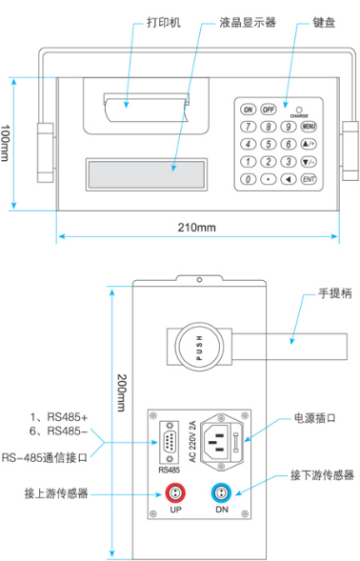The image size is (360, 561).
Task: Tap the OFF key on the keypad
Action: [269, 110]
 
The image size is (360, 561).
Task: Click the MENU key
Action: [309, 127]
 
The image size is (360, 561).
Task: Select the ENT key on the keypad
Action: [309, 179]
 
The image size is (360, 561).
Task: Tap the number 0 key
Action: [248, 179]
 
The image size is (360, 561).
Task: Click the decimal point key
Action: [269, 179]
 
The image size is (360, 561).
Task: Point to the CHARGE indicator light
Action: [299, 110]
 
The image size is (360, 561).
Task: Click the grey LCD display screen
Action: [147, 174]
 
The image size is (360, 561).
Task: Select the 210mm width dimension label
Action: [197, 228]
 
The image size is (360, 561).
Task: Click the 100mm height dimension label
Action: [5, 143]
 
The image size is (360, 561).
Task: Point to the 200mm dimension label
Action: [123, 392]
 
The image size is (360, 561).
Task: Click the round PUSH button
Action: [199, 347]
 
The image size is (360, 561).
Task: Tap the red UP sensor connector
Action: [175, 492]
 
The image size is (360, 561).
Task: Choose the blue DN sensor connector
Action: [221, 492]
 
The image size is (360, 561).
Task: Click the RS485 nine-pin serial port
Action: [170, 443]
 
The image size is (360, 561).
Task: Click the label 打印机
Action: [164, 23]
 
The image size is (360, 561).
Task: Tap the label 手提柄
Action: [335, 293]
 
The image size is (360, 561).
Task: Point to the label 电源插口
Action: [315, 418]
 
